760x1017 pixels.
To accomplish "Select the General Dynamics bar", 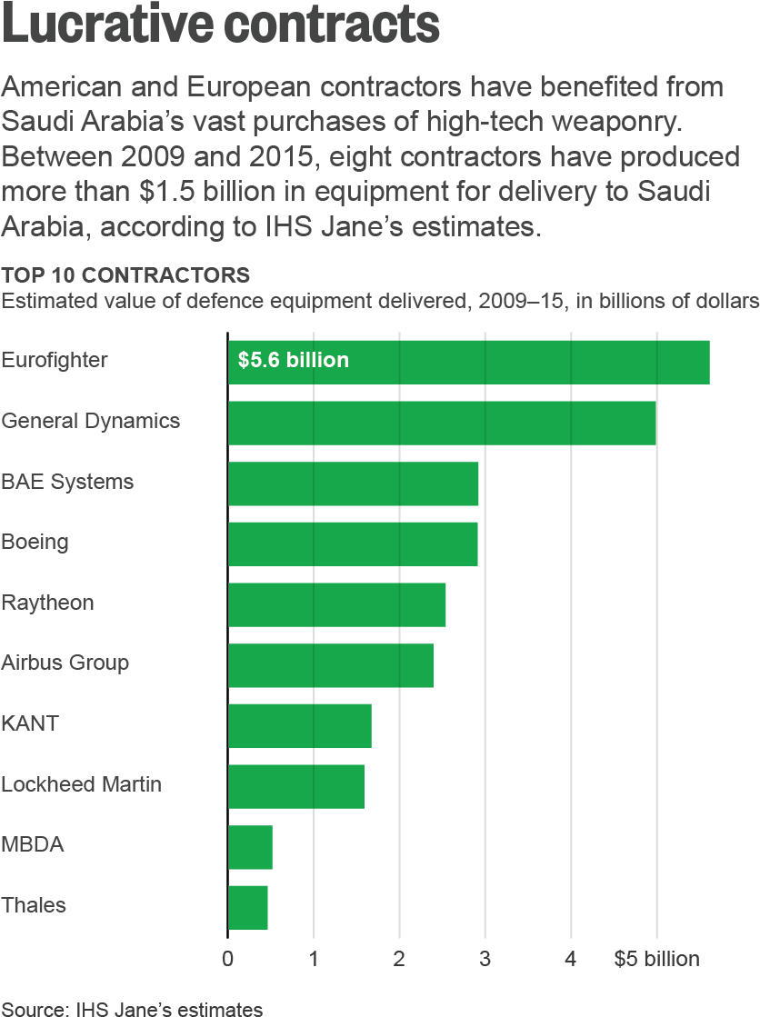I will (x=442, y=423).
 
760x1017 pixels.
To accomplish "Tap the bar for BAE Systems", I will (x=353, y=484).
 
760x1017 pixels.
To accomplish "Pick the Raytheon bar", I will (x=336, y=604).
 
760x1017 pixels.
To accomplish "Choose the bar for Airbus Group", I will (x=330, y=665).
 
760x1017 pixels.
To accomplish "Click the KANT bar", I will (x=299, y=725).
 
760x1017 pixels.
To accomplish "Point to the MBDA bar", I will (x=250, y=847).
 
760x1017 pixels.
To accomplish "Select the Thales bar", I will (x=247, y=907).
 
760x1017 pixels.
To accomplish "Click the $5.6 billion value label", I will (x=293, y=361).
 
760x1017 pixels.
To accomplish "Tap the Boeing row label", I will (x=35, y=543).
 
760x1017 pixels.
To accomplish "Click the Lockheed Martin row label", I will (x=81, y=784).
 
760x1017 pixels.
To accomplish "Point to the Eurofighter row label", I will (x=55, y=360).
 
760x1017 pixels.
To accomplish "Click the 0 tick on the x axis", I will (x=227, y=959).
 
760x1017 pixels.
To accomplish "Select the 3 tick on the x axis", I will (x=485, y=959).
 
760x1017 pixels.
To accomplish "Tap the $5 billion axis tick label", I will (x=656, y=959).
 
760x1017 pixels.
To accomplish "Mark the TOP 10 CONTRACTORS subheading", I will (x=125, y=274).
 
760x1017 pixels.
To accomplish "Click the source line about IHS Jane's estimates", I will (x=133, y=1009).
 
